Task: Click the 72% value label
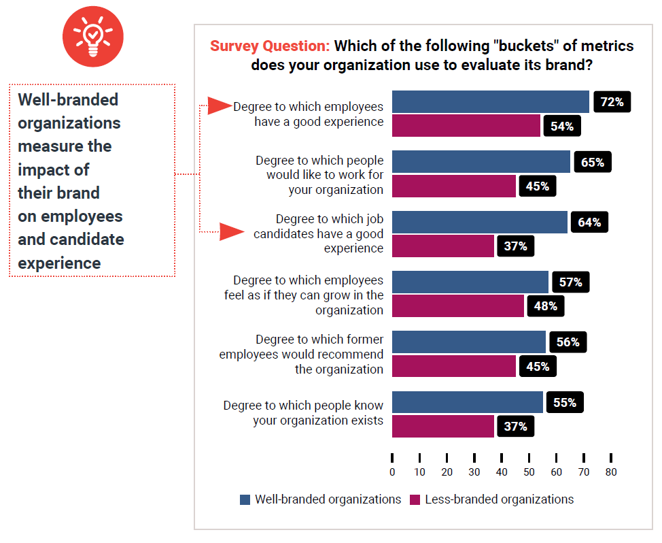coord(612,102)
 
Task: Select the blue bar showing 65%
coord(481,162)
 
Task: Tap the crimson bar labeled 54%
coord(466,126)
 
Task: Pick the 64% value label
coord(589,222)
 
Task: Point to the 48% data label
coord(545,306)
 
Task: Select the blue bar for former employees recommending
coord(469,342)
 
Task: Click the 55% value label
coord(564,402)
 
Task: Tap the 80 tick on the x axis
coord(611,472)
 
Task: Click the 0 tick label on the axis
coord(392,472)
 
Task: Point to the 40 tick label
coord(502,472)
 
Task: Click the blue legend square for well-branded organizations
coord(245,499)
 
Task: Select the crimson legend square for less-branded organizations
coord(415,499)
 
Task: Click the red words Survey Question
coord(270,46)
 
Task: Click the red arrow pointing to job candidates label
coord(232,233)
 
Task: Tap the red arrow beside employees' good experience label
coord(220,105)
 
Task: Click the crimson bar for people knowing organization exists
coord(443,426)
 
